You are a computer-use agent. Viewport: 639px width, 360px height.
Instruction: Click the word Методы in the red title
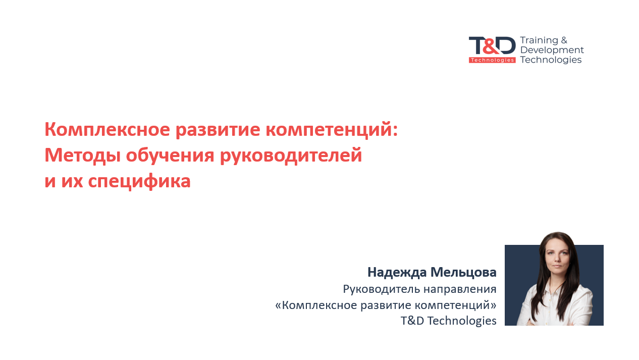point(82,156)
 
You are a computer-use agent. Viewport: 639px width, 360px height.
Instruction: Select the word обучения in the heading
point(170,156)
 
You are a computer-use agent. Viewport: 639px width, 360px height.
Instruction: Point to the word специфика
point(139,181)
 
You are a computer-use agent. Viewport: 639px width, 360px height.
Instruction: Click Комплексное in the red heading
point(107,130)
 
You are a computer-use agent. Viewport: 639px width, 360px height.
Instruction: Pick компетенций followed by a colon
point(332,130)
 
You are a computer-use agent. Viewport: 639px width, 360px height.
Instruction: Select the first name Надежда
point(397,273)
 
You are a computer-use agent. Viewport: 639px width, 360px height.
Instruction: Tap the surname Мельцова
point(463,273)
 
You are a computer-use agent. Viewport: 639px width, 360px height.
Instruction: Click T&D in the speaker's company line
point(412,321)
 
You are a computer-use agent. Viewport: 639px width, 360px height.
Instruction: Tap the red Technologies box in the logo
point(492,60)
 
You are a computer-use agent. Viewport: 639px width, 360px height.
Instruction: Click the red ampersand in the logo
point(491,45)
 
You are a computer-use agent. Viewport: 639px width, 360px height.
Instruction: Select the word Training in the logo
point(539,41)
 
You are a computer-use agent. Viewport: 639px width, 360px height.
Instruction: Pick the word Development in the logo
point(552,50)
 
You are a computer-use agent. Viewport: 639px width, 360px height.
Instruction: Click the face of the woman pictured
point(557,256)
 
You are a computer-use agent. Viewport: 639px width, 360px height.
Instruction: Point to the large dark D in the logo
point(507,45)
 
